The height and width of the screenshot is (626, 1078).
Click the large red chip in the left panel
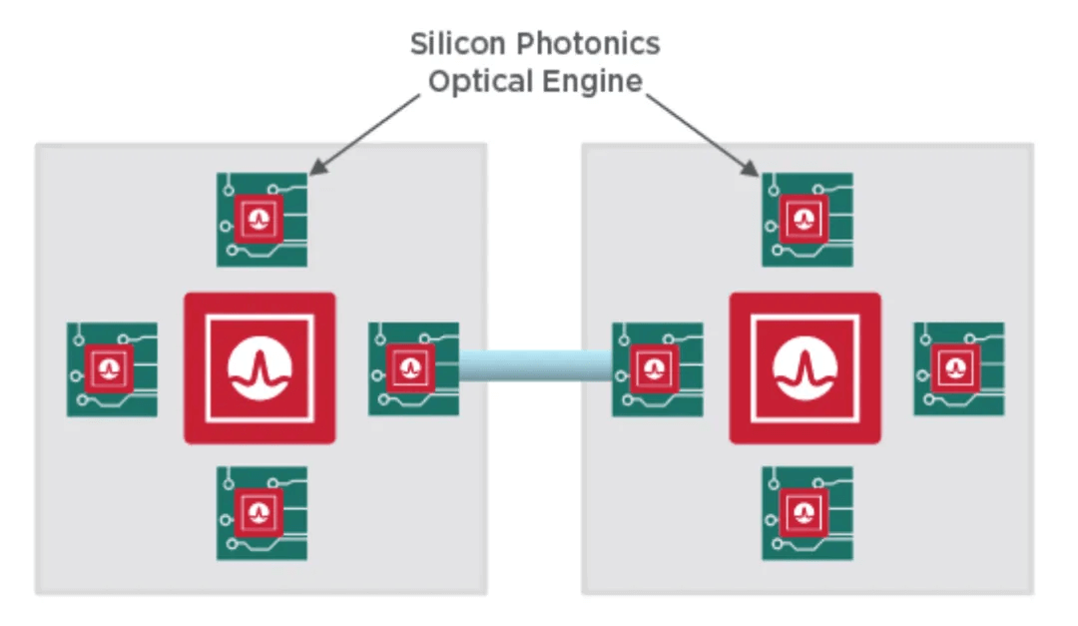[260, 368]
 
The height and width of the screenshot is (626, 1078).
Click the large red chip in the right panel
[805, 368]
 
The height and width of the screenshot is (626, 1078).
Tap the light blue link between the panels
[535, 365]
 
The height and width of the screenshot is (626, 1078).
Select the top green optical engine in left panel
[262, 219]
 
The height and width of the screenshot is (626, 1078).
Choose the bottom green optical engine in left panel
[262, 513]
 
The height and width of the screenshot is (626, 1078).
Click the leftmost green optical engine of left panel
[111, 368]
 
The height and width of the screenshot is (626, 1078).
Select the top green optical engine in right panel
[807, 219]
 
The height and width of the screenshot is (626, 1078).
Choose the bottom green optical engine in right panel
[807, 513]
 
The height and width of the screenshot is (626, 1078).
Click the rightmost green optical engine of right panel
[958, 368]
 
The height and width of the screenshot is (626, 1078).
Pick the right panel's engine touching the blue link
[657, 367]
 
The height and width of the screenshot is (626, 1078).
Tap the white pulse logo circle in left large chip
[260, 368]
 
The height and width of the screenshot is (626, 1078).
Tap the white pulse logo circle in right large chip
[805, 368]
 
